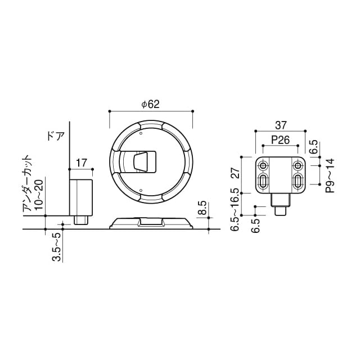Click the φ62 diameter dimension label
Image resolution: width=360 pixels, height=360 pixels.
pos(151,104)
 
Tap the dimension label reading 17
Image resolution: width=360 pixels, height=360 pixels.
pos(82,163)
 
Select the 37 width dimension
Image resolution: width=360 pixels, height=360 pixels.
pos(281,125)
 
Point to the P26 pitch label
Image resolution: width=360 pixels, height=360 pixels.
pos(280,140)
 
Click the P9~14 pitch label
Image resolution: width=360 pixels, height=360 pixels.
pos(330,175)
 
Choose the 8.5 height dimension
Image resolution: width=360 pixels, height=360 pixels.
pos(202,208)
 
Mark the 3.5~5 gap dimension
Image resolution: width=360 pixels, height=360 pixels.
pos(56,247)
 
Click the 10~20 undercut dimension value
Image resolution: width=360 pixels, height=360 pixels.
pos(38,195)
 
